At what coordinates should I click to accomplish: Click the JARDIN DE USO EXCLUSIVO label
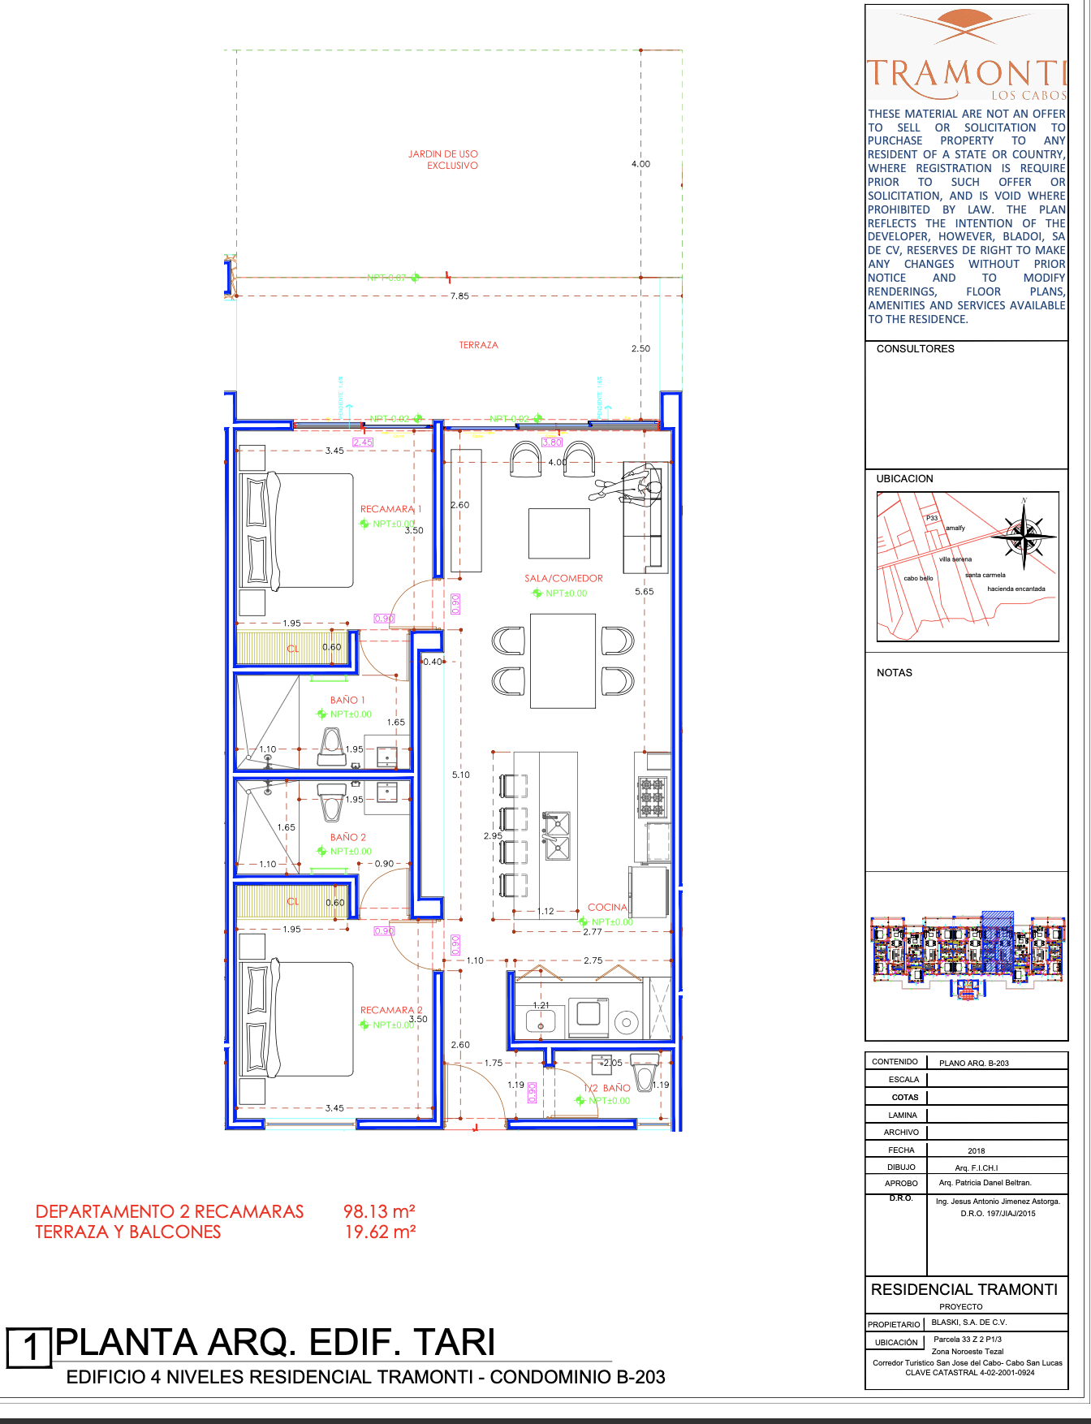tap(443, 159)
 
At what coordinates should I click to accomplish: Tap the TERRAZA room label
tap(478, 345)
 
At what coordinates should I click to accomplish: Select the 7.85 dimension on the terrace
tap(459, 296)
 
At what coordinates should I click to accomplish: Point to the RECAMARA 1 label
tap(390, 509)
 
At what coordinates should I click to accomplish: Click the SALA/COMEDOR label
tap(563, 579)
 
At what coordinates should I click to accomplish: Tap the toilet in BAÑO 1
tap(331, 746)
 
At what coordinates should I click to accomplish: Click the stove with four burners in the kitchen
tap(652, 796)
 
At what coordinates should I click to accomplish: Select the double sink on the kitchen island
tap(557, 835)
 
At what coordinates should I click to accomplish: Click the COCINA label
tap(607, 908)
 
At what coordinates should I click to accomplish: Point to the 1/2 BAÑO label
tap(608, 1088)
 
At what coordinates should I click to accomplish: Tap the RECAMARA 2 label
tap(391, 1011)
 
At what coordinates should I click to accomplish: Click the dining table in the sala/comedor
tap(563, 661)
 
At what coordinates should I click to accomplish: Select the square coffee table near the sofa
tap(558, 533)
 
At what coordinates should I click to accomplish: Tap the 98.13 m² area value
tap(379, 1211)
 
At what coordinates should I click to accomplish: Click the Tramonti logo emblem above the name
tap(965, 26)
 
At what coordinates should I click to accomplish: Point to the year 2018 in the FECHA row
tap(976, 1150)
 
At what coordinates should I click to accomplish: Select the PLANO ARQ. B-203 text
tap(973, 1063)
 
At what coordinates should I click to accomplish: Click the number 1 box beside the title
tap(29, 1348)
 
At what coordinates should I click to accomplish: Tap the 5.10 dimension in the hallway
tap(460, 775)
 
